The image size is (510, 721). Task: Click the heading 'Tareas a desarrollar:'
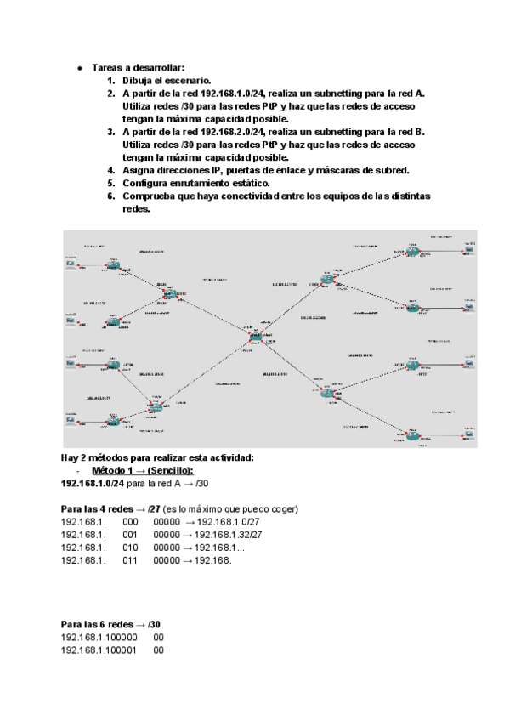138,67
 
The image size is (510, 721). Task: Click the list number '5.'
110,183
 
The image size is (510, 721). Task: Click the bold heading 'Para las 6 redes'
99,624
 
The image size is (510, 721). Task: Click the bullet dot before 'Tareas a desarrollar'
78,67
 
